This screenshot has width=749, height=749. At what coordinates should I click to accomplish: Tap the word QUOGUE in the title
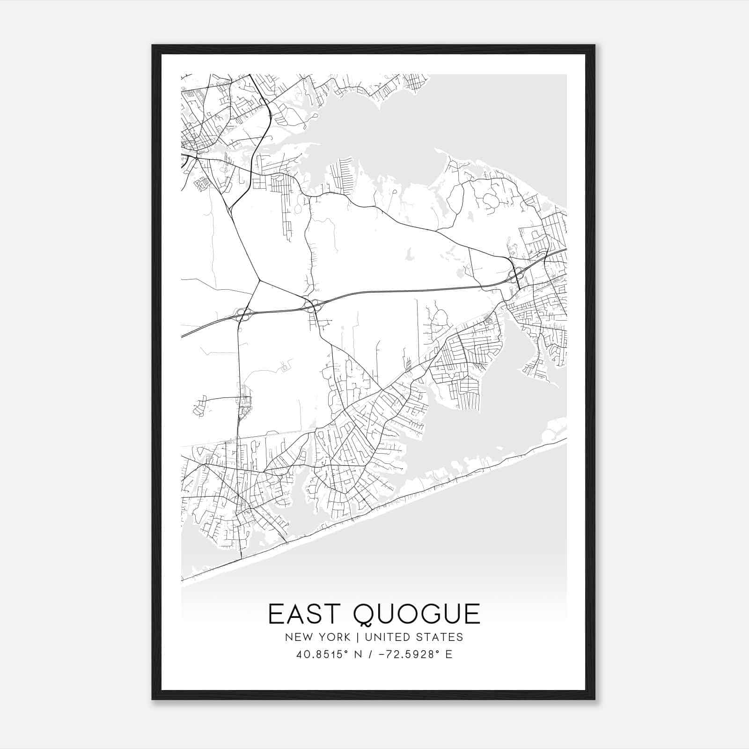417,614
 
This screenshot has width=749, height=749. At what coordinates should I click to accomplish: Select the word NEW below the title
300,637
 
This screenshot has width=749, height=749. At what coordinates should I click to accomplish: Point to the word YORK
334,637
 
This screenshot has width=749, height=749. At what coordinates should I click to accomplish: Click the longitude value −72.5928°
408,654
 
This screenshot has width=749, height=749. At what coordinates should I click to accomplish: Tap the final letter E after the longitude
449,654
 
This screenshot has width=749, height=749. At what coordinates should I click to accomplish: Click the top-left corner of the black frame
153,46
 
